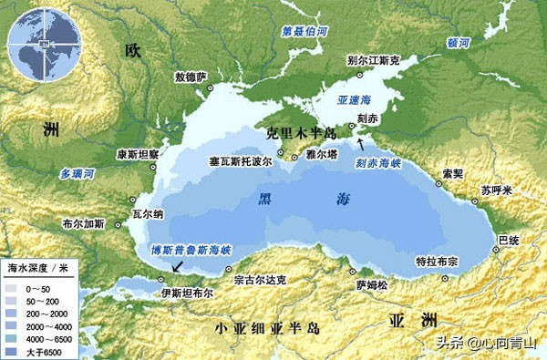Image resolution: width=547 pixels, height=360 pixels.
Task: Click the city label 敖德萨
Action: coord(191,77)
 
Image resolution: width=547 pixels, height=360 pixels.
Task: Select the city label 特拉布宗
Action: coord(437,260)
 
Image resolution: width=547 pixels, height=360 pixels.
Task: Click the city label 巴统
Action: coord(508,239)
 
